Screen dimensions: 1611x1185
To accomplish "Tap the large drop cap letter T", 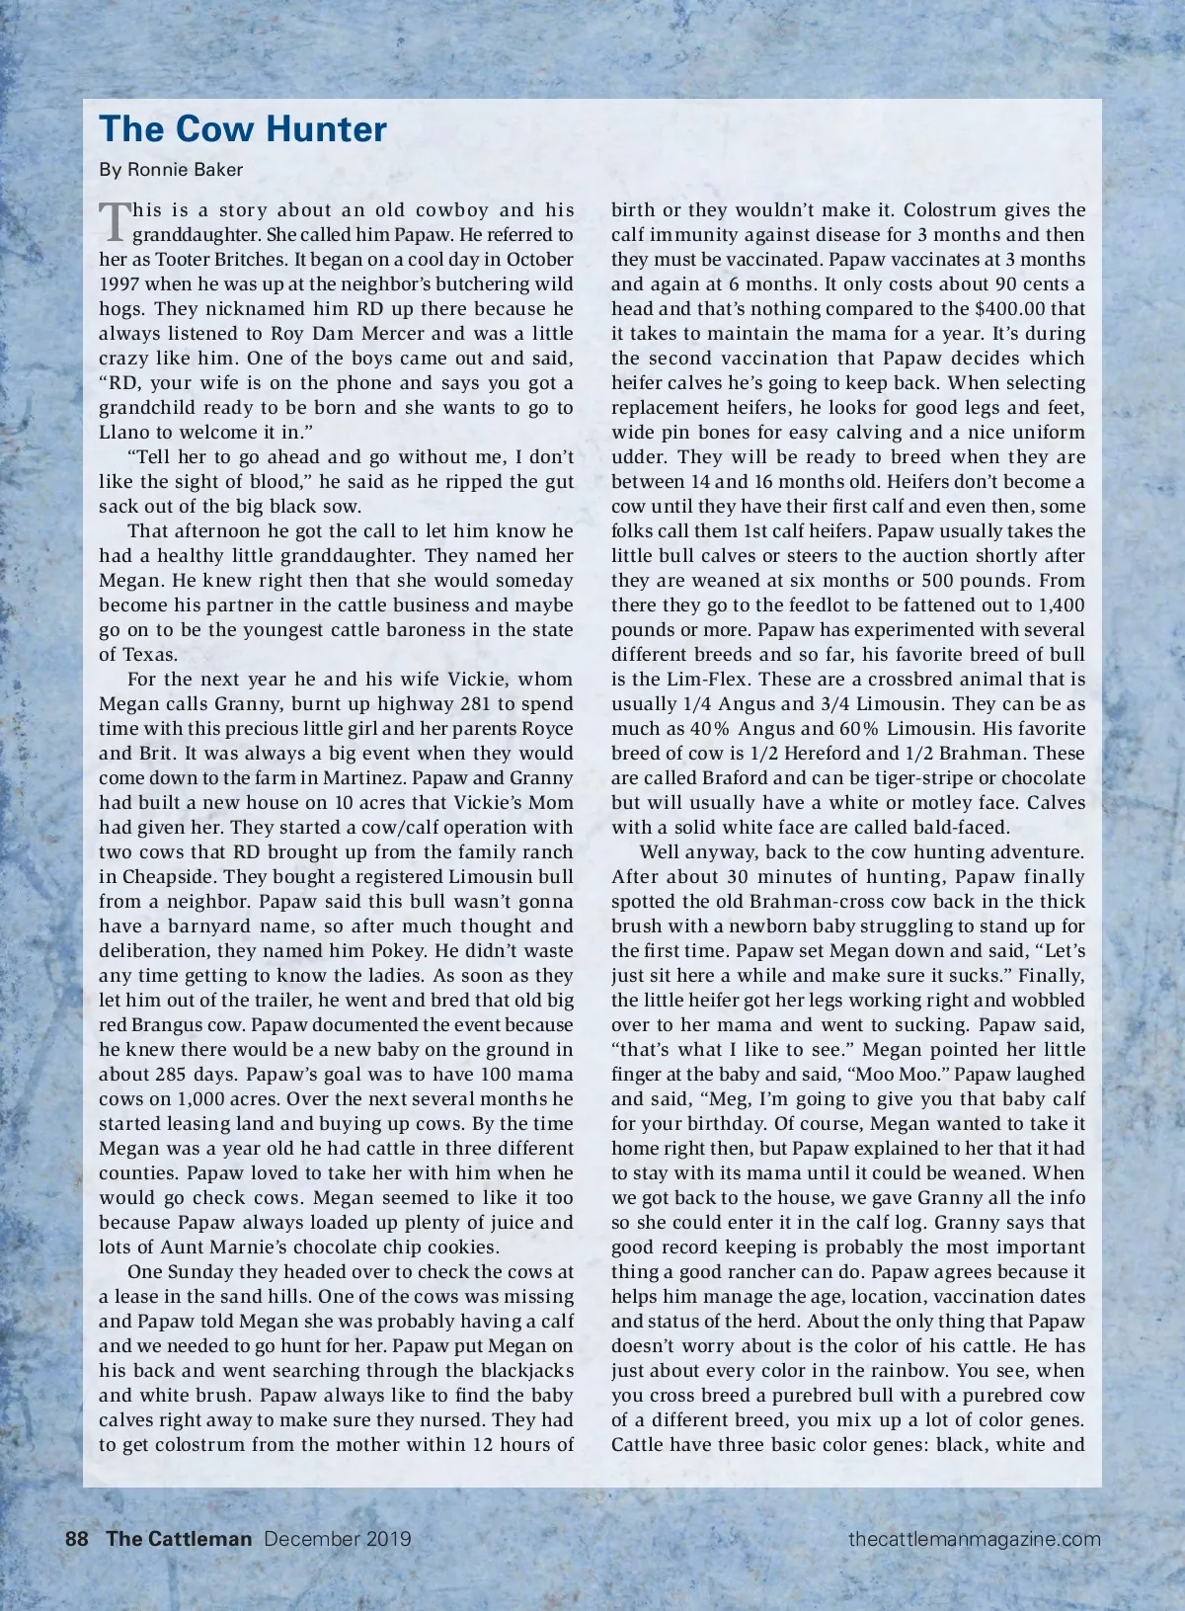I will [115, 221].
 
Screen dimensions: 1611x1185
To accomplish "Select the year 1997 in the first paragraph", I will [118, 284].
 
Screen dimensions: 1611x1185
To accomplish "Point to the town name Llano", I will [123, 433].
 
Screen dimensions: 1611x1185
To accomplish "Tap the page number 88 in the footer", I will [77, 1539].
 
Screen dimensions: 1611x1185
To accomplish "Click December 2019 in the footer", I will [338, 1539].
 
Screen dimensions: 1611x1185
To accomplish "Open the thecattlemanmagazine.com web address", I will [974, 1539].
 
